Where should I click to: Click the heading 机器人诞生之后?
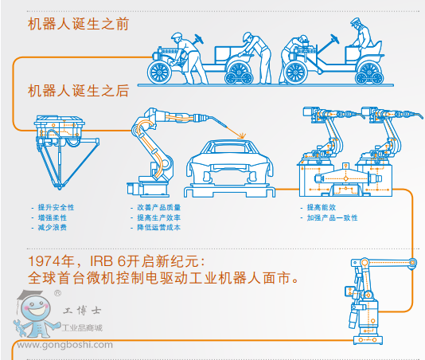(78, 91)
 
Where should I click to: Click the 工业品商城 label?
(88, 328)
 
